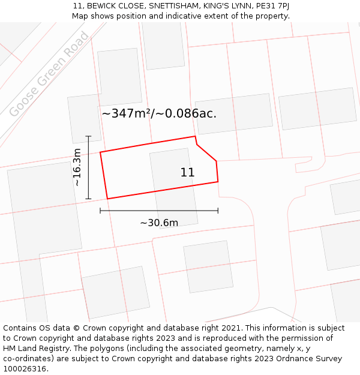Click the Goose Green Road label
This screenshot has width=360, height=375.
tap(49, 74)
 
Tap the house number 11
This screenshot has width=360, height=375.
tap(187, 173)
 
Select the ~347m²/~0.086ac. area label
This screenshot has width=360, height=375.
tap(159, 113)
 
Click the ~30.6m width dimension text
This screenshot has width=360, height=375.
tap(159, 223)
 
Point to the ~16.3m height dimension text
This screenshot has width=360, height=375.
tap(77, 167)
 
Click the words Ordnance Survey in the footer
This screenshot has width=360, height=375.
tap(311, 359)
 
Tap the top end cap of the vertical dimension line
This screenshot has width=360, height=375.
tap(88, 136)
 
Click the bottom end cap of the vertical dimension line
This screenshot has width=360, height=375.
tap(88, 199)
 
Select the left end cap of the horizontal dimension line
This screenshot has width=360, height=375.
tap(100, 211)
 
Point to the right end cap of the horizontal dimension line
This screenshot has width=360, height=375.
tap(218, 211)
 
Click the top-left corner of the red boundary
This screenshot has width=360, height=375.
tap(100, 152)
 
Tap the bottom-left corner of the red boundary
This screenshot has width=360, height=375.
tap(107, 199)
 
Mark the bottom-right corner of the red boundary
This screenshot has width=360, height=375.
tap(218, 181)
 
